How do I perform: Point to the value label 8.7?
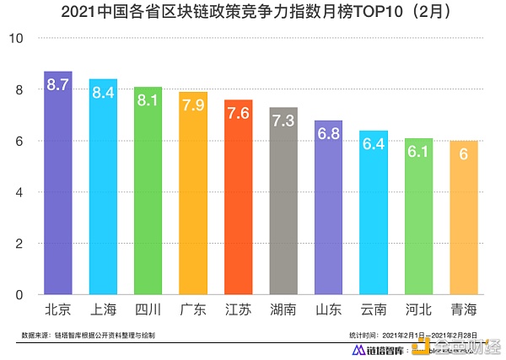point(57,84)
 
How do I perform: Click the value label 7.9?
point(193,105)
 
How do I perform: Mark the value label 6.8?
point(329,134)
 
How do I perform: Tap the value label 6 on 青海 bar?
point(464,155)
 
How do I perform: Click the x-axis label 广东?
point(193,309)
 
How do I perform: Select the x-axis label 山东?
point(329,309)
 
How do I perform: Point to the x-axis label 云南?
point(374,309)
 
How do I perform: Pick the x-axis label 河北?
point(419,309)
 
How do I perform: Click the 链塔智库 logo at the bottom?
point(384,349)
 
